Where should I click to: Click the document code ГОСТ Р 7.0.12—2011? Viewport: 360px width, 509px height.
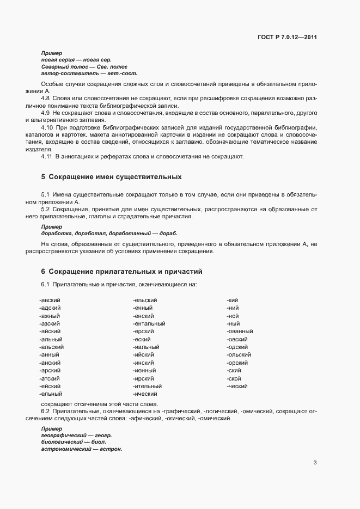[287, 38]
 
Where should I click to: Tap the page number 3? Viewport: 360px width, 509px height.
[315, 463]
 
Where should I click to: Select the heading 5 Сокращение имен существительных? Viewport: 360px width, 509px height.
[111, 177]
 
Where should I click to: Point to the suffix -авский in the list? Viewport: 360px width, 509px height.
[50, 301]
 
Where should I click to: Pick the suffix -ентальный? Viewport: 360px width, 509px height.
[149, 324]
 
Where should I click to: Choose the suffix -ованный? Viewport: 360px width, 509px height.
[240, 332]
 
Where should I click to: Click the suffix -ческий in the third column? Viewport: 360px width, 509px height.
[237, 386]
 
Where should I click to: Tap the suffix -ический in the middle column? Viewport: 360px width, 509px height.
[145, 394]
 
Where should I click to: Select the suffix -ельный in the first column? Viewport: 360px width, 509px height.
[51, 394]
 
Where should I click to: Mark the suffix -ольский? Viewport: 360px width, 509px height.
[239, 355]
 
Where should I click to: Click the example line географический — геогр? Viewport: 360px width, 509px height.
[76, 436]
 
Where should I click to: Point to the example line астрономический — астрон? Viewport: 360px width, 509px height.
[82, 450]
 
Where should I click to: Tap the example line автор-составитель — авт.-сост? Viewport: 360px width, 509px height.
[89, 73]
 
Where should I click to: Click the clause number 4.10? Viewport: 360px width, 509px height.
[47, 126]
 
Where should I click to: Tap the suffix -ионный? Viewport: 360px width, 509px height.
[145, 370]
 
